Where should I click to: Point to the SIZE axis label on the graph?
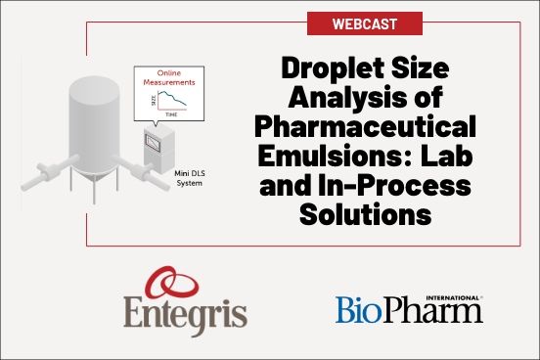(152, 101)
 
